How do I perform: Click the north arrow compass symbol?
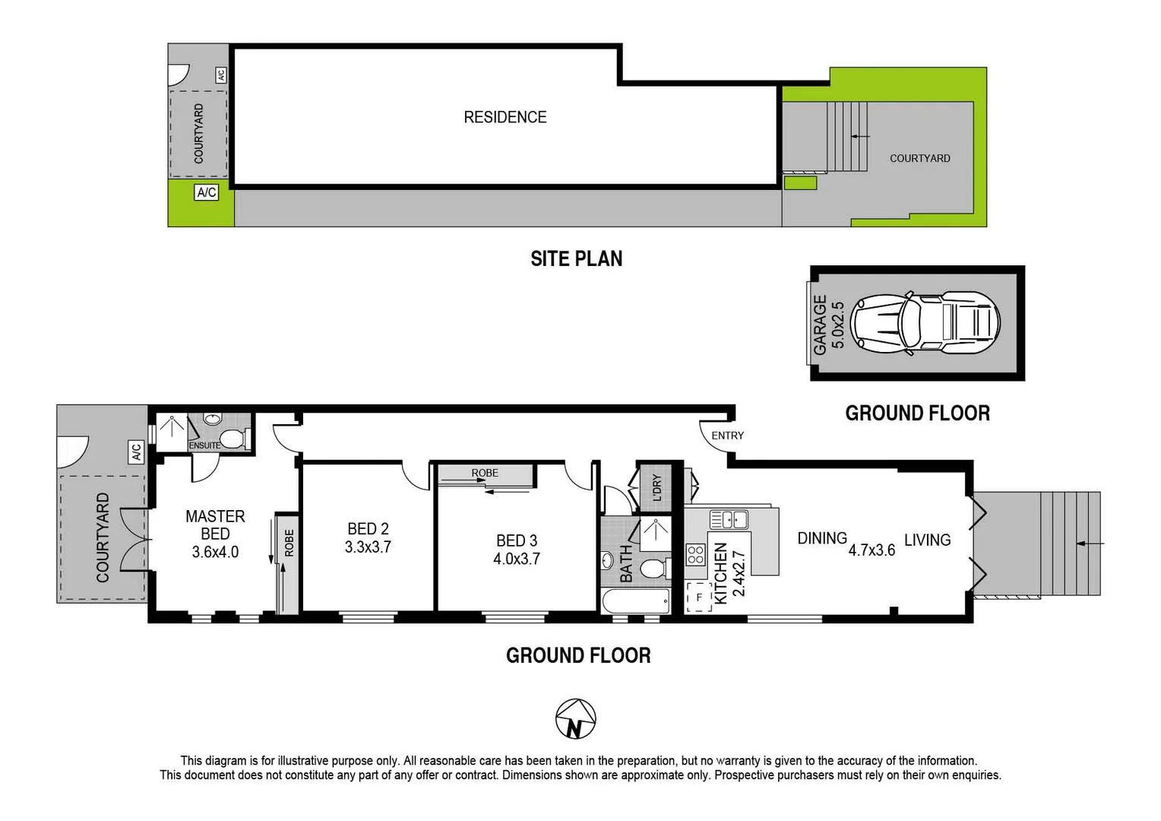pos(575,719)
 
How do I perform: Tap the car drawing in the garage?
pos(925,323)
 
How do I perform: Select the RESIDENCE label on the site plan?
pos(505,117)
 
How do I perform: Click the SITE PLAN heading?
pos(576,258)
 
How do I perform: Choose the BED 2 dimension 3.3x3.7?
pos(368,547)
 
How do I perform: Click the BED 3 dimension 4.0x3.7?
pos(517,559)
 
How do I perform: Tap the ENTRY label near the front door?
pos(727,436)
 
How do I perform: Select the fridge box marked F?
pos(698,598)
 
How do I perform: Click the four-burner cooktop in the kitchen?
pos(695,554)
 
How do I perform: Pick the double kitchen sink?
pos(729,520)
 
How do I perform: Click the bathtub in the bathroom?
pos(636,602)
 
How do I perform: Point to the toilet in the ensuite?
pos(236,439)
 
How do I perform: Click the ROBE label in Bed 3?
pos(485,473)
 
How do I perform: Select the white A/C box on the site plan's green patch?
pos(207,192)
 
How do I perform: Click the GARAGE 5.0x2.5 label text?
pos(828,325)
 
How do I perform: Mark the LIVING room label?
pos(927,540)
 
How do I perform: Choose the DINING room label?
pos(821,538)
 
